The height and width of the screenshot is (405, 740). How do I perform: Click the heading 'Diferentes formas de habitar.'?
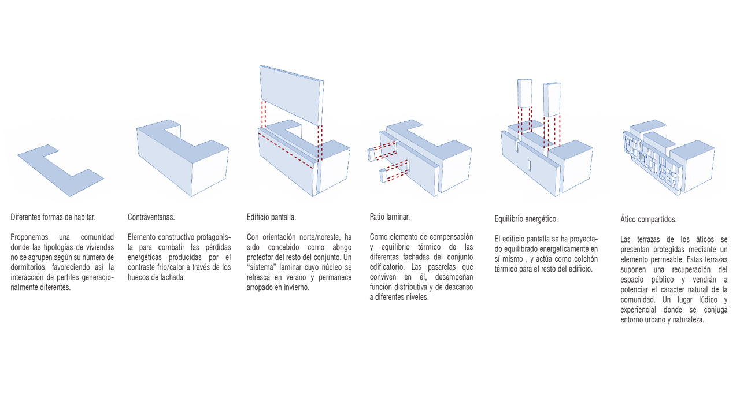click(x=53, y=217)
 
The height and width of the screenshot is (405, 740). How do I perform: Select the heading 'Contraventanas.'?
click(x=151, y=217)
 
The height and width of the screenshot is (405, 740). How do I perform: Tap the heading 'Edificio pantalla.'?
click(x=271, y=217)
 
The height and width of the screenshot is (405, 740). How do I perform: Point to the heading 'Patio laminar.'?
click(x=390, y=217)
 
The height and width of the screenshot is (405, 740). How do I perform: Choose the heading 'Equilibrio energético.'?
click(x=526, y=219)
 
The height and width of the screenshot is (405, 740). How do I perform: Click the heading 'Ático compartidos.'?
click(x=648, y=220)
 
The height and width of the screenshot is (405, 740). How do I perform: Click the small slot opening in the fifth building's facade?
click(x=528, y=166)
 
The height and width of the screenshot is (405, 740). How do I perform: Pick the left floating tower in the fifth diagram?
click(x=525, y=93)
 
